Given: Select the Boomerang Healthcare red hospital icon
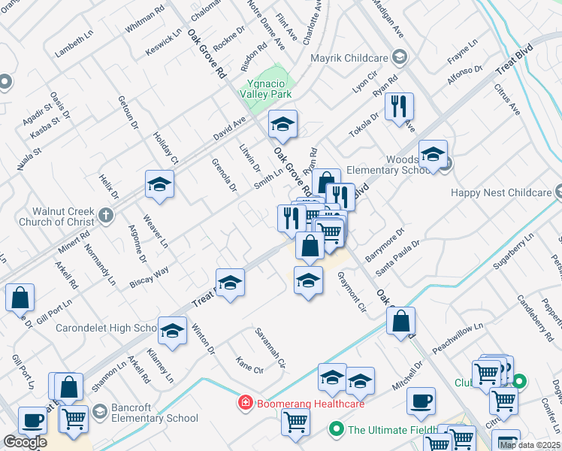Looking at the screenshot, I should [x=244, y=404].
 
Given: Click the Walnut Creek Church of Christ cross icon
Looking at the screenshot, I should [x=105, y=216].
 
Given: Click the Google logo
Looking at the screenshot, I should [x=25, y=442].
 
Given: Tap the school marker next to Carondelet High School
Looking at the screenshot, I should [x=172, y=331].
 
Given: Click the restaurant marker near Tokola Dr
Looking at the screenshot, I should [x=399, y=105].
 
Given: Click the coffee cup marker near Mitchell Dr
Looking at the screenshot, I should [x=421, y=401].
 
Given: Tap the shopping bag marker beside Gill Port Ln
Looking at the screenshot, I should [x=20, y=298].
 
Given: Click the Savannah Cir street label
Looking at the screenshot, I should [x=271, y=347].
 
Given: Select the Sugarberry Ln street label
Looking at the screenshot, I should [x=515, y=251].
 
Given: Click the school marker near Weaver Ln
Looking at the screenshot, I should [x=159, y=184].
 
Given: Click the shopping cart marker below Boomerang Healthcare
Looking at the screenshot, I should [x=295, y=422].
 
